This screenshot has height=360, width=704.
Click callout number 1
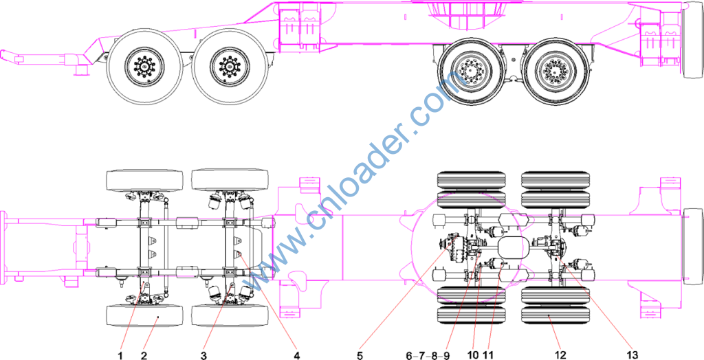tap(120, 355)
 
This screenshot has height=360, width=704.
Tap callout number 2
tap(144, 355)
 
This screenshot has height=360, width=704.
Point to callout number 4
tap(297, 355)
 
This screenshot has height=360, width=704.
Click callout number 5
tap(360, 355)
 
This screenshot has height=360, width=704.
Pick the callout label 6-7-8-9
tap(428, 355)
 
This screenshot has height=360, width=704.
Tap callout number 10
tap(473, 355)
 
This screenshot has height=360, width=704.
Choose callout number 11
tap(489, 355)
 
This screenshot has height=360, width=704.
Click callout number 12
tap(560, 355)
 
